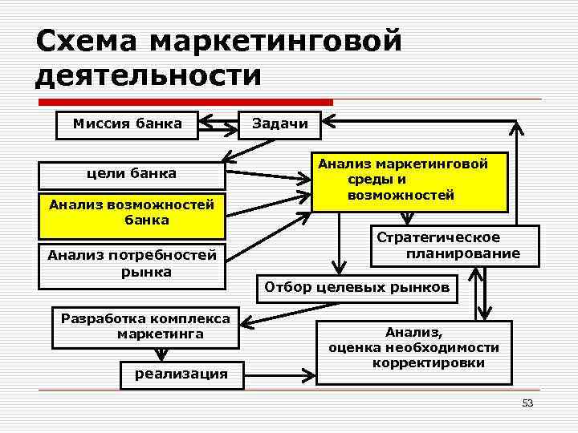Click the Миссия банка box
click(x=127, y=123)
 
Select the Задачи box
click(x=280, y=123)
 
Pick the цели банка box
click(x=132, y=173)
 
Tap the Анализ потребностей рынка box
click(x=132, y=264)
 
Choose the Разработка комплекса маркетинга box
click(x=145, y=326)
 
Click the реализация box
click(x=181, y=374)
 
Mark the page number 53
click(x=527, y=403)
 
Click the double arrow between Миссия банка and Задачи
click(x=218, y=123)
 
